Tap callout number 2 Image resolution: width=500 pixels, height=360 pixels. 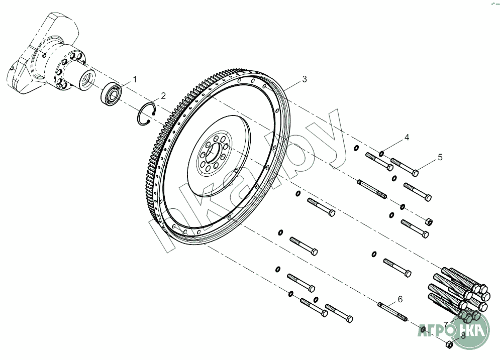(x=163, y=96)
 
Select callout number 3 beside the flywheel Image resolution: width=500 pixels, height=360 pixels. (x=305, y=80)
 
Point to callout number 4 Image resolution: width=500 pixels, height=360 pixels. (x=407, y=137)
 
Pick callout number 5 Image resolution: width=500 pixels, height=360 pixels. (x=440, y=157)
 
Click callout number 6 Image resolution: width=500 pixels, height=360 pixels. (x=400, y=299)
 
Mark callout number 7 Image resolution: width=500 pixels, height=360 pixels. (x=446, y=324)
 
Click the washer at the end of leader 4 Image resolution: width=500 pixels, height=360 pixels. (x=382, y=153)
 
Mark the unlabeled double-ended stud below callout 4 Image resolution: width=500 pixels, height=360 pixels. (x=372, y=189)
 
